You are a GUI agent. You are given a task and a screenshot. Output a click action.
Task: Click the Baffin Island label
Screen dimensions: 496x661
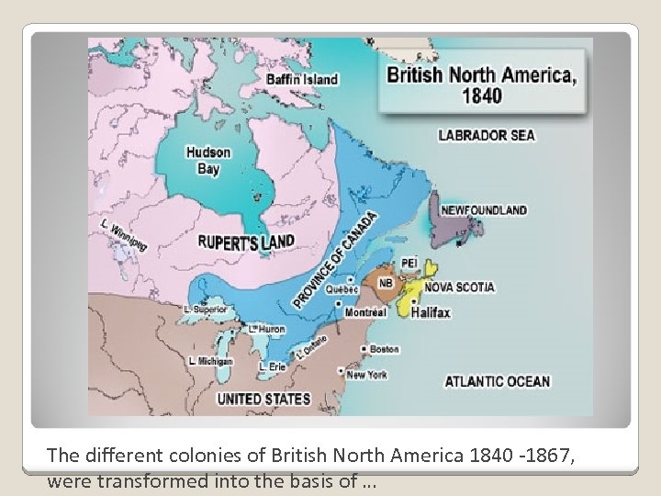click(x=302, y=79)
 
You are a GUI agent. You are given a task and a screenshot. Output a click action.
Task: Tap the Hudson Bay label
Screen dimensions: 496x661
click(x=208, y=160)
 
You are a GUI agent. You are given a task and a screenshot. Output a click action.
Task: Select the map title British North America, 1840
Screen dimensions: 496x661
click(x=482, y=85)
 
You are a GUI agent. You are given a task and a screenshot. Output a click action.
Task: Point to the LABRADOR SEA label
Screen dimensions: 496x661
click(x=487, y=136)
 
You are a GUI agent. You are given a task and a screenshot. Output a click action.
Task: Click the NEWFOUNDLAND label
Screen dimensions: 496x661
click(x=484, y=210)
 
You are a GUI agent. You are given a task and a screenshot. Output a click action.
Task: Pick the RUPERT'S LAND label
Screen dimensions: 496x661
click(x=247, y=242)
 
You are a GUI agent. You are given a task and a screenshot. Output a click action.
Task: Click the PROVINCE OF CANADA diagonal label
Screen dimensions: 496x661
click(x=335, y=261)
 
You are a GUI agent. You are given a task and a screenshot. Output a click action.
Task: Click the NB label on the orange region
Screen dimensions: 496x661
click(x=387, y=284)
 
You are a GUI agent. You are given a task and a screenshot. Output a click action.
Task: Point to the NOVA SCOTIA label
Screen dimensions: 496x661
click(x=459, y=287)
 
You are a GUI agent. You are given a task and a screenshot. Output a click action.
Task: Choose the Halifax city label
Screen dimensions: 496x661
click(x=431, y=312)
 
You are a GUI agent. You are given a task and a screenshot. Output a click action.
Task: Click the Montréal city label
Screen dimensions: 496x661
click(x=365, y=312)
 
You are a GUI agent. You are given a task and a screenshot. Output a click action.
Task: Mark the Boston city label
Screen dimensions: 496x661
click(x=384, y=349)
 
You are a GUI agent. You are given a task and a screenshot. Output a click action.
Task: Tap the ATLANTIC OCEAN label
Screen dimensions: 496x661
click(x=497, y=381)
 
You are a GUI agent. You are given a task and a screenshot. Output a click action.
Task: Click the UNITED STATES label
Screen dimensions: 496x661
click(x=263, y=400)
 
